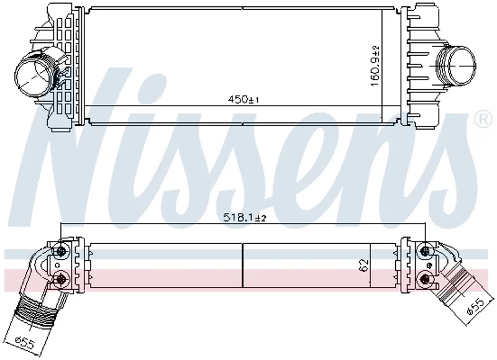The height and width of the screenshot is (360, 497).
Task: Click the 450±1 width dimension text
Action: point(244,99)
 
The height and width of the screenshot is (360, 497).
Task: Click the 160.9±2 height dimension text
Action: point(375,66)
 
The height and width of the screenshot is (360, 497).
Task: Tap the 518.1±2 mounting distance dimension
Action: point(245,217)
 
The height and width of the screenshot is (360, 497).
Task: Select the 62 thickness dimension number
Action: point(364,265)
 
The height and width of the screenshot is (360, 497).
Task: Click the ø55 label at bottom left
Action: point(25,343)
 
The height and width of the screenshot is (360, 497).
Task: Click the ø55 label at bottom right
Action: point(475,307)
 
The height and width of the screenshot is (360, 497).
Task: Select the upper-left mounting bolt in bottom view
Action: point(61,251)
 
